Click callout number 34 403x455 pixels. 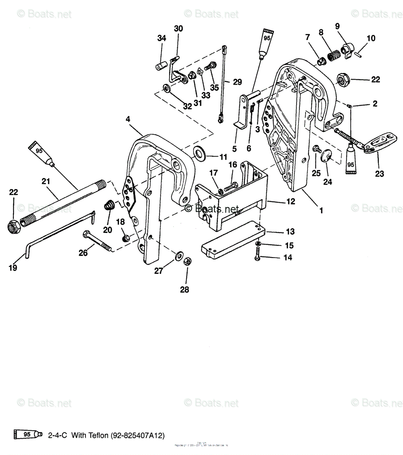162,38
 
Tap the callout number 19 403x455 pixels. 13,268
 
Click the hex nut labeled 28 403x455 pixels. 187,261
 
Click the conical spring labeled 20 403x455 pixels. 109,207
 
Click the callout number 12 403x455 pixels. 291,202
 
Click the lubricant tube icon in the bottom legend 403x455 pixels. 26,434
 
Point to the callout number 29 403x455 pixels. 237,82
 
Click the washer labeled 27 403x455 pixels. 178,256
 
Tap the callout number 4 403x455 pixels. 128,119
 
